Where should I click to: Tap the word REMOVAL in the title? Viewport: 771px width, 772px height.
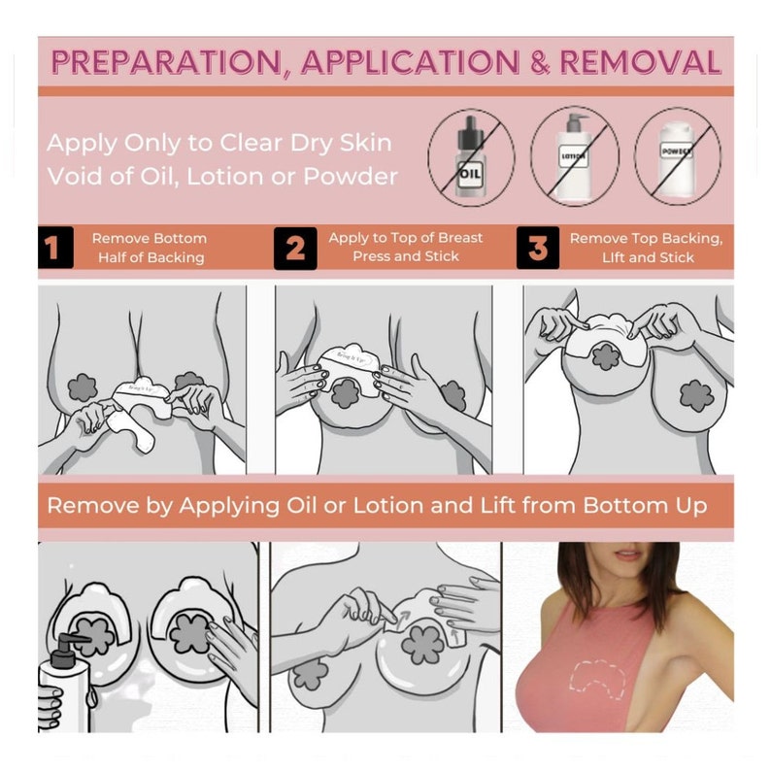pos(640,62)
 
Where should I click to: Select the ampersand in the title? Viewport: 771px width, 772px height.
pos(540,62)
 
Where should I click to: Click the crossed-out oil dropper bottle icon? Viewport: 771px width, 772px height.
pos(471,157)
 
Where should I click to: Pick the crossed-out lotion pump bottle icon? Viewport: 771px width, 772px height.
pos(575,157)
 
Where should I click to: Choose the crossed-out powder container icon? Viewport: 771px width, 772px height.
pos(678,157)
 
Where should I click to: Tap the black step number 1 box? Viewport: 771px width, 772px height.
pos(55,248)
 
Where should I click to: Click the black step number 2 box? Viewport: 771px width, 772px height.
pos(295,249)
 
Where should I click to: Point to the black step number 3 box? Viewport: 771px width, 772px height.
pos(538,248)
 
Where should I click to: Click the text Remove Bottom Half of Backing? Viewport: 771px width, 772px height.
pos(150,248)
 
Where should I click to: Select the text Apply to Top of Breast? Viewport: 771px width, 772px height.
pos(406,238)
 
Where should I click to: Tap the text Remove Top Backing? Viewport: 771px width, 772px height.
pos(646,239)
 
